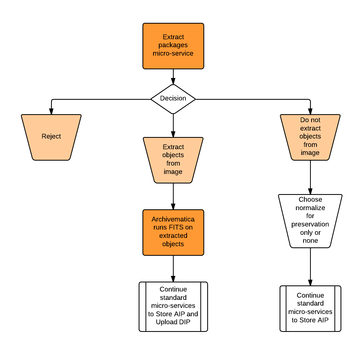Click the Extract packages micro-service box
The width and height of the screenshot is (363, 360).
[173, 46]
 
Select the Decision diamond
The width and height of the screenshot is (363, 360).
[173, 99]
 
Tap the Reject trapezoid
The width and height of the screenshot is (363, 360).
[51, 137]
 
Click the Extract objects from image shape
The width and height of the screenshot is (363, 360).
[173, 160]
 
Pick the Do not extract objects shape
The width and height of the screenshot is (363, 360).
[310, 137]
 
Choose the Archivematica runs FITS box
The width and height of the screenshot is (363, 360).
[173, 232]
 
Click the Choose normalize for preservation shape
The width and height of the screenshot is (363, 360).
[310, 221]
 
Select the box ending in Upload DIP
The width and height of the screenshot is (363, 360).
[173, 306]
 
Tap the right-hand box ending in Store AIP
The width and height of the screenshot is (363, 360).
[310, 308]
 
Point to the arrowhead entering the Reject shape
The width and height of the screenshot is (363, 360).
[51, 112]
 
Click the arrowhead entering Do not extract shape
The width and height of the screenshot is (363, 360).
[310, 112]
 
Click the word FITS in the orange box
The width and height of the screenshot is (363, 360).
[170, 228]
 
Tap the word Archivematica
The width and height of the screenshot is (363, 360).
[173, 219]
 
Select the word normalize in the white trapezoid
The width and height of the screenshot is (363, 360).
[310, 208]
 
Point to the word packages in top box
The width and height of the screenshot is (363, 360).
[173, 45]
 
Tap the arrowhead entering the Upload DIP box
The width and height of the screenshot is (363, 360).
[173, 279]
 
